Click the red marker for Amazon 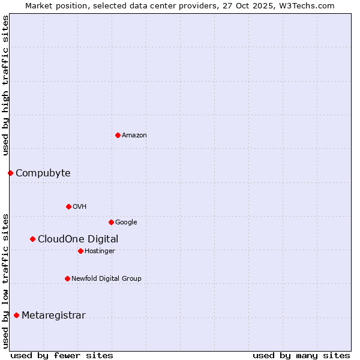click(x=118, y=135)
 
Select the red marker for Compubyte click(x=10, y=173)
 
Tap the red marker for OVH click(x=68, y=206)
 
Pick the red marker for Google click(x=111, y=222)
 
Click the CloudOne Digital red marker click(x=32, y=239)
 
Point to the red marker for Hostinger click(x=80, y=251)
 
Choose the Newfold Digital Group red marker click(x=67, y=278)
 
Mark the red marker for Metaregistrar click(x=16, y=315)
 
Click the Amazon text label click(x=134, y=136)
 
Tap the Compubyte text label click(x=43, y=173)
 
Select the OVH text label click(x=80, y=207)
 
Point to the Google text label click(x=126, y=223)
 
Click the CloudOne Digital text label click(x=78, y=239)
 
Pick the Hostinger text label click(x=100, y=251)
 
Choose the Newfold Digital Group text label click(x=106, y=279)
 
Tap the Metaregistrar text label click(x=53, y=316)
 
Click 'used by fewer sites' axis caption click(x=61, y=355)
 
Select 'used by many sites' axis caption click(x=301, y=355)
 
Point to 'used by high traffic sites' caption click(x=5, y=85)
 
